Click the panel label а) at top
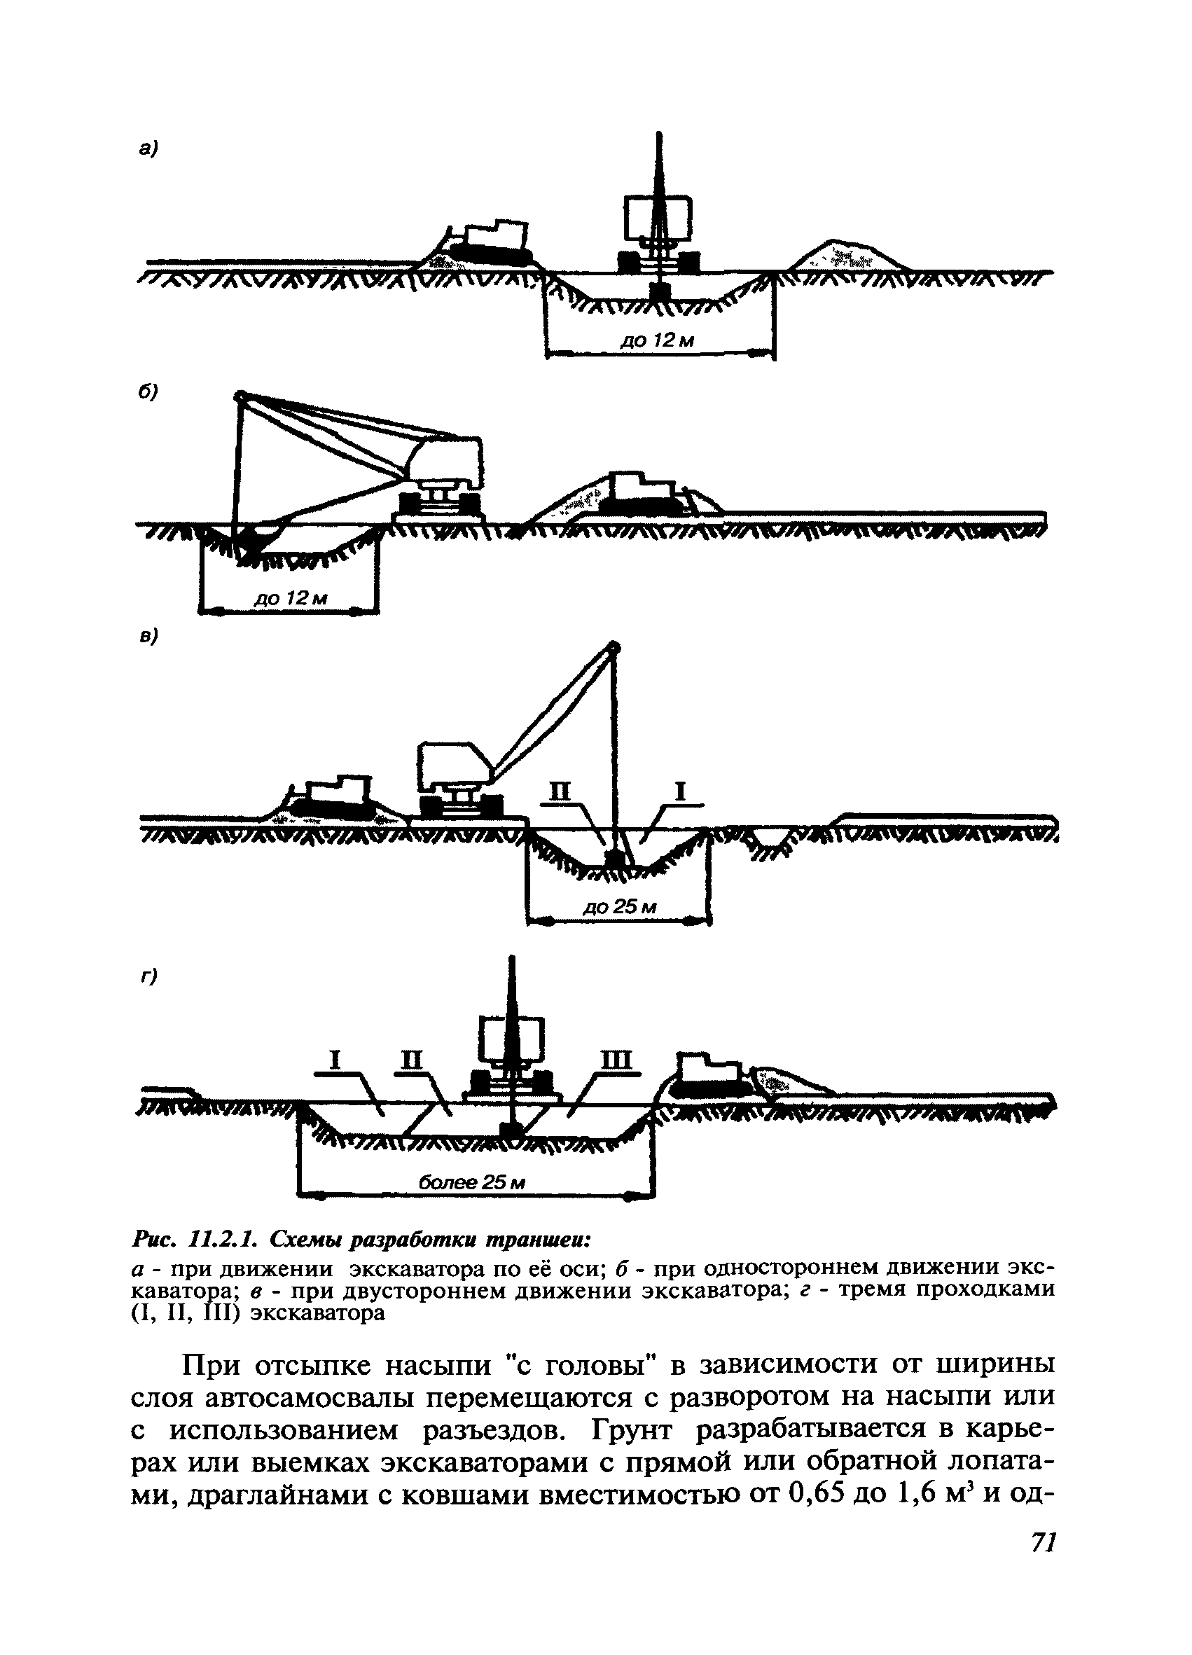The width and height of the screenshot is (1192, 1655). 148,149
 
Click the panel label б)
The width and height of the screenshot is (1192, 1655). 148,392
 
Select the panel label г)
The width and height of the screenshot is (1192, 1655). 150,976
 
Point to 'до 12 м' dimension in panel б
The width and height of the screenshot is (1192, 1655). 290,598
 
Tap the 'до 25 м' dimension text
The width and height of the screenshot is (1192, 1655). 620,907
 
